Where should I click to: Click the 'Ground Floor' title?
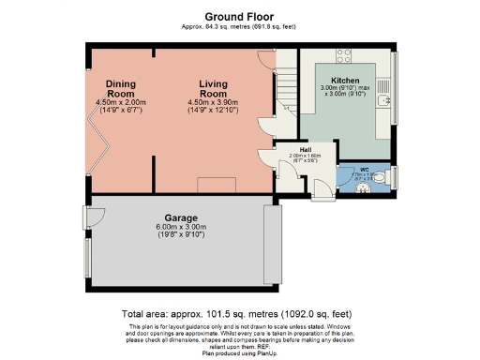[x=238, y=16]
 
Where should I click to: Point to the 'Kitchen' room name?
[x=345, y=81]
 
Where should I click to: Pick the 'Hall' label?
[x=305, y=149]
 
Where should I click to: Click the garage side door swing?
[x=94, y=217]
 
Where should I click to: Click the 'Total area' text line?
[x=238, y=313]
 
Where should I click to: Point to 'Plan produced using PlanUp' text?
[x=238, y=354]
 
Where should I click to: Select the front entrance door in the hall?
[x=319, y=191]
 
